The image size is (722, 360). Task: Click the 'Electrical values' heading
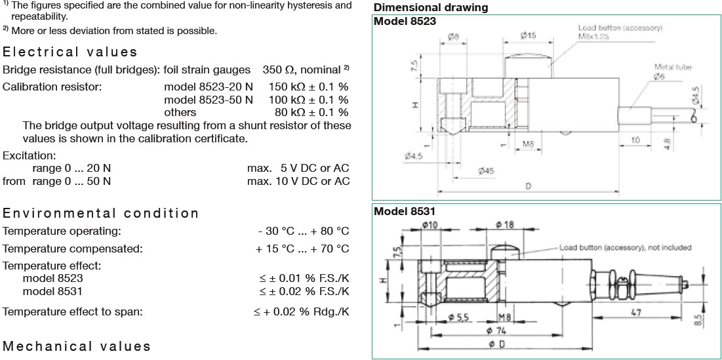coord(70,52)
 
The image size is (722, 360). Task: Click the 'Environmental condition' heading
coord(101,213)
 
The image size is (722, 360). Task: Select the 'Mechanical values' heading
coord(77,346)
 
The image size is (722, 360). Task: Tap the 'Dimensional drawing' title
coord(430,8)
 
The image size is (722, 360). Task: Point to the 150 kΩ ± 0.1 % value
coord(308,87)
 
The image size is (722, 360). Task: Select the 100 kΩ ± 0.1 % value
coord(308,100)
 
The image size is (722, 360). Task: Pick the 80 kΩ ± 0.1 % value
coord(311,112)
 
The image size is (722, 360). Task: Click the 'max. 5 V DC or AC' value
coord(298,168)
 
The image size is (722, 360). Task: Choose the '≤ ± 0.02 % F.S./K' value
coord(305,290)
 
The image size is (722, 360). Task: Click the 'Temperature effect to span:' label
coord(73,311)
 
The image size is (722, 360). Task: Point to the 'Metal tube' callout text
coord(673,67)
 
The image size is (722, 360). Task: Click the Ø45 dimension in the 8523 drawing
coord(486,170)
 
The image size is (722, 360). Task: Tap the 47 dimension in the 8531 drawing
coord(635,313)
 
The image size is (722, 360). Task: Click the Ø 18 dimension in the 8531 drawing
coord(506,225)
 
